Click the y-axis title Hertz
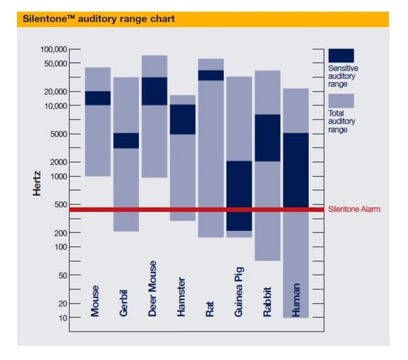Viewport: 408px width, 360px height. point(39,183)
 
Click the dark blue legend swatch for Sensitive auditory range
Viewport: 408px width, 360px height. point(341,55)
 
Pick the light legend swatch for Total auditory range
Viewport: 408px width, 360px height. point(341,100)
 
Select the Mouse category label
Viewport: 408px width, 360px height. point(96,301)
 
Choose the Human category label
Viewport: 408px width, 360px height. point(295,300)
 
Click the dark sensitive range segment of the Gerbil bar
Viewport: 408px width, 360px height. point(126,140)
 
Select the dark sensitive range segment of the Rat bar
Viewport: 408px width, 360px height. point(211,75)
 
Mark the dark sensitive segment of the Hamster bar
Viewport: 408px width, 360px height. point(182,119)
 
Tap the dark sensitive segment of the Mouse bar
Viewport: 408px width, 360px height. point(98,98)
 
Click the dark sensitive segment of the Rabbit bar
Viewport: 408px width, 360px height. point(267,138)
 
